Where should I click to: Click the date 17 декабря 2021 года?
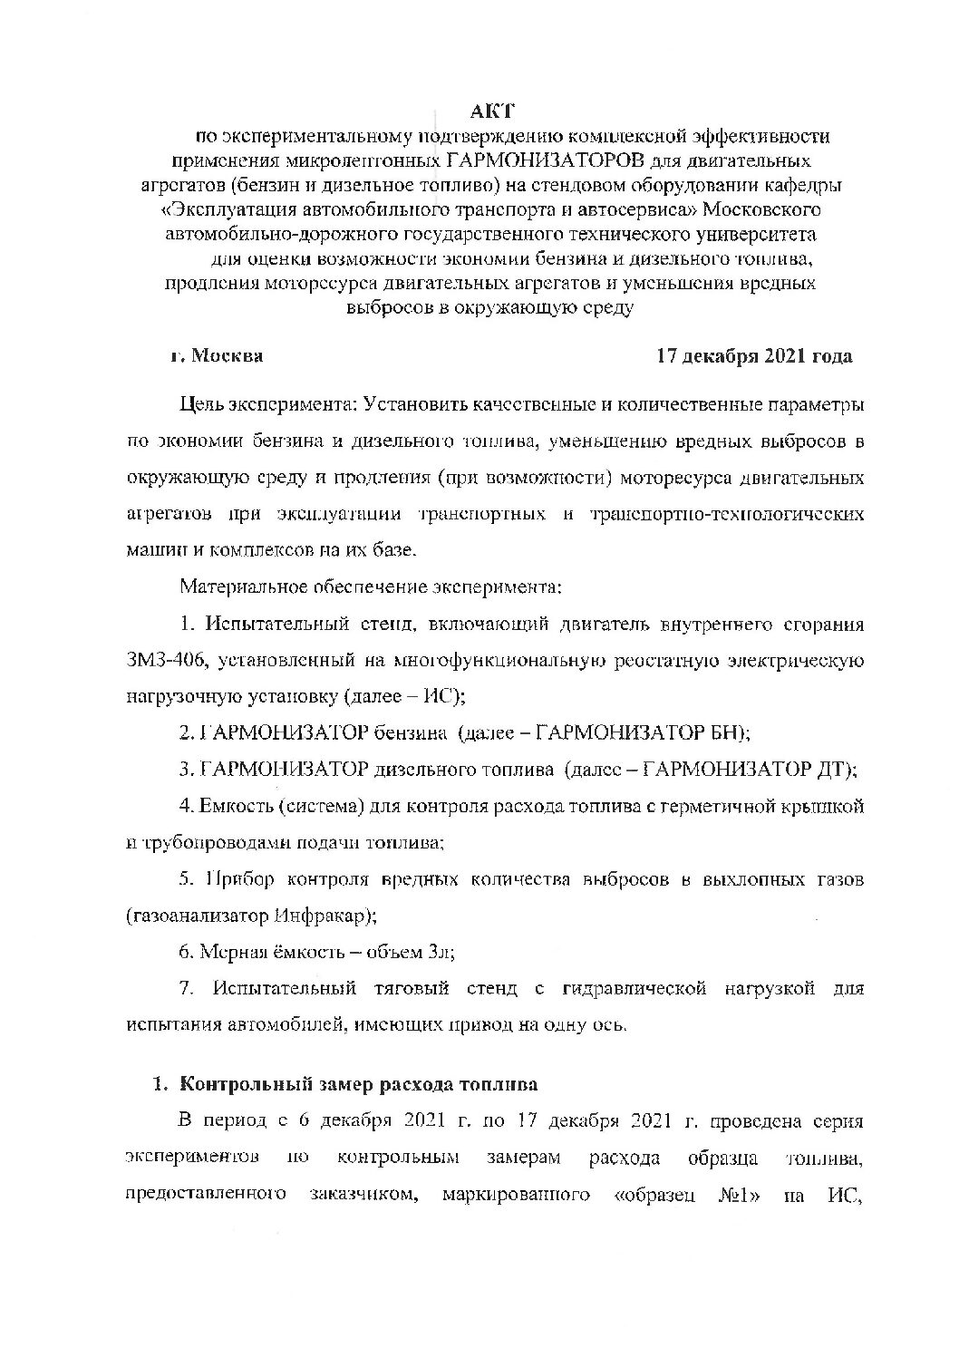tap(754, 356)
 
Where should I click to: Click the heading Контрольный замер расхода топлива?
tap(358, 1084)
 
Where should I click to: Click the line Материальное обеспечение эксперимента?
tap(371, 586)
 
